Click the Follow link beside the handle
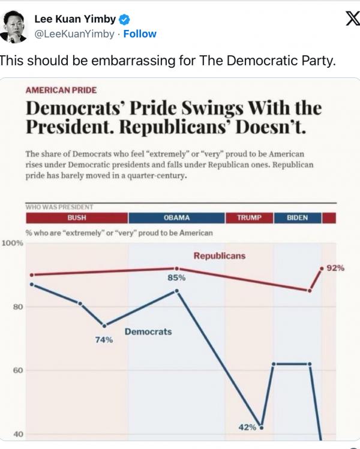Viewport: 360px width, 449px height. click(x=140, y=34)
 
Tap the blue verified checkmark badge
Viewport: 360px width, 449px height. click(x=124, y=19)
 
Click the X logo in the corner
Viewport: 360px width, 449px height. click(x=353, y=19)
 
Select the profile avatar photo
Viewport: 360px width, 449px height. click(x=13, y=26)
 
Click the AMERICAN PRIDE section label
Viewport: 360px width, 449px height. click(x=61, y=90)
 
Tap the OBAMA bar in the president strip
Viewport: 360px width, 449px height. click(x=176, y=218)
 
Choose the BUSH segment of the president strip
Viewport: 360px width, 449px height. click(x=77, y=218)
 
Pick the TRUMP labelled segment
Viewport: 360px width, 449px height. click(x=249, y=218)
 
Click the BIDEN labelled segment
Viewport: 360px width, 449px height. click(x=298, y=218)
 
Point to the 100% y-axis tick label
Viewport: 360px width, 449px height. click(x=13, y=243)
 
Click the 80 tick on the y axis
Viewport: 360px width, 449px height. click(x=18, y=307)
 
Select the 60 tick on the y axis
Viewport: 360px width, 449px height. click(x=18, y=370)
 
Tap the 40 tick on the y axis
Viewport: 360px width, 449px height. click(x=18, y=435)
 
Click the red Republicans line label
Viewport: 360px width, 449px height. click(x=220, y=256)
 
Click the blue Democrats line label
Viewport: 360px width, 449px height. click(x=148, y=332)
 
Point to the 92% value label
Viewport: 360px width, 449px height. click(x=335, y=268)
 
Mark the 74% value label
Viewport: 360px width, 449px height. click(x=104, y=340)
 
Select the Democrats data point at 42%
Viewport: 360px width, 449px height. click(x=261, y=428)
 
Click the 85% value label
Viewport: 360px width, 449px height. click(x=176, y=278)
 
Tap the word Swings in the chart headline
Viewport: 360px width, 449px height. click(x=212, y=109)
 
